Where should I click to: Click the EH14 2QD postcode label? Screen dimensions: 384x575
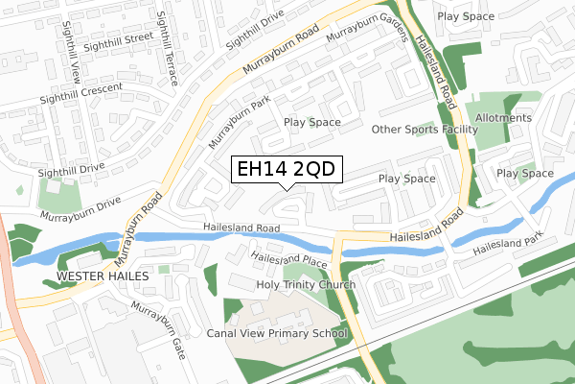point(286,170)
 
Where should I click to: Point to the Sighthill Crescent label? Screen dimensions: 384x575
point(81,93)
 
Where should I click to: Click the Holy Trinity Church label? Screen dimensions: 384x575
point(306,285)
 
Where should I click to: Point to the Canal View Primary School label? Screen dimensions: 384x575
point(276,334)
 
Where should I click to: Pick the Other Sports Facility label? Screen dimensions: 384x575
point(425,130)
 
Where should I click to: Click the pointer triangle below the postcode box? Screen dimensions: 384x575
point(286,187)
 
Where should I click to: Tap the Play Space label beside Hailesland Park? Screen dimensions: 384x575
point(524,174)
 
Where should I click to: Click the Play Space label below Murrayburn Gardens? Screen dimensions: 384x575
point(311,122)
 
